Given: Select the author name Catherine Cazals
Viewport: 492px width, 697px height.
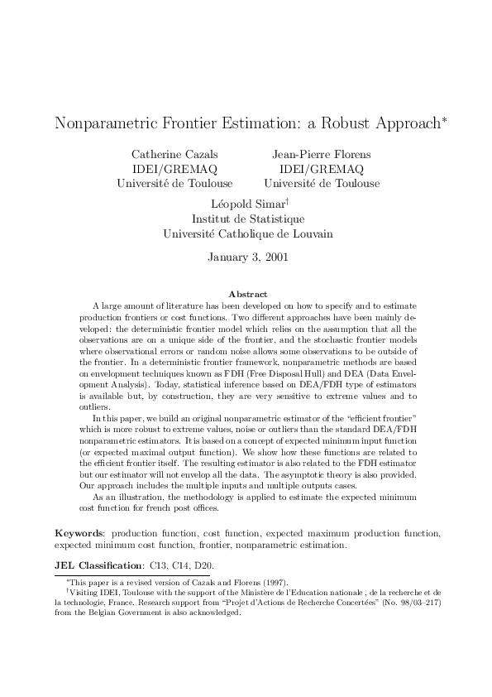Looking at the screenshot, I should coord(174,154).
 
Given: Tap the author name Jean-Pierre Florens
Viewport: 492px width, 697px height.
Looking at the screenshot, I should coord(322,154).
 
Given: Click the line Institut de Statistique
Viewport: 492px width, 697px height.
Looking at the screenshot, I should coord(248,219).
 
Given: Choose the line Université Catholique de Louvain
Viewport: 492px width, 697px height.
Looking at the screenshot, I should coord(248,233).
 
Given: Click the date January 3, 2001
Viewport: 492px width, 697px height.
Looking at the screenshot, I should coord(248,257).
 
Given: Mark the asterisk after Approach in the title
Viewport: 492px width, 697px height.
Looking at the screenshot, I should coord(444,120).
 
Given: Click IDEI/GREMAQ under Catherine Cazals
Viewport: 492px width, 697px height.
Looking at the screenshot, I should coord(174,169).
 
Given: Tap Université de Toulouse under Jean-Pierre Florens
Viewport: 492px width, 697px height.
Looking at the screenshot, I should coord(322,183).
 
